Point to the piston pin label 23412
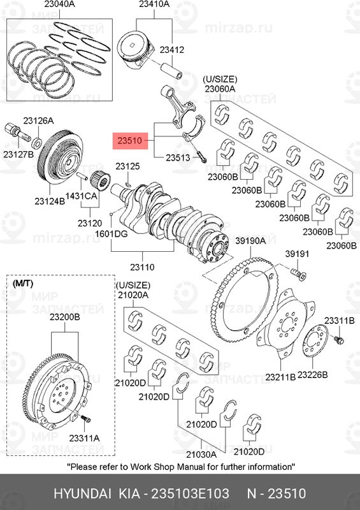coord(171,49)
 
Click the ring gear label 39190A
coord(250,241)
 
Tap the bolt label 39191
coord(296,254)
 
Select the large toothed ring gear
coord(245,300)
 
